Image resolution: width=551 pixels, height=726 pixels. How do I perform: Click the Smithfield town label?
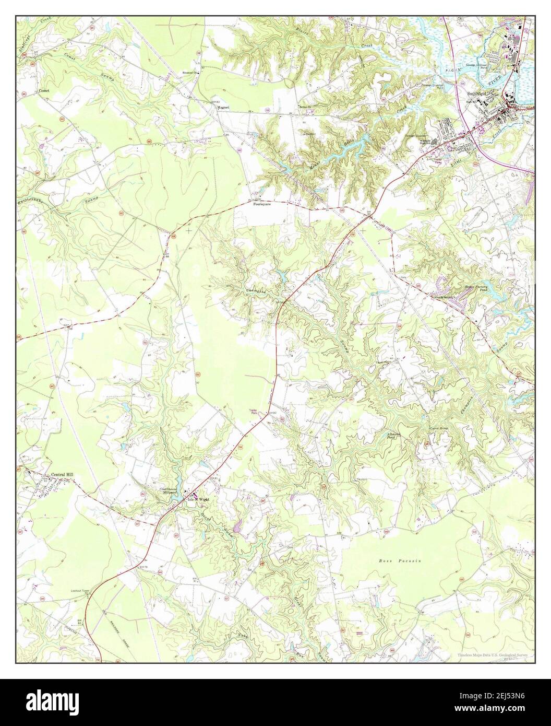coord(479,93)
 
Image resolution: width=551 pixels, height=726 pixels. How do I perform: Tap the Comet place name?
coord(43,91)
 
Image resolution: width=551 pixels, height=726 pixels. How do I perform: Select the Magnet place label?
coord(224,107)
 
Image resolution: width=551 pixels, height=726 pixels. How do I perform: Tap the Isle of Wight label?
coord(198,499)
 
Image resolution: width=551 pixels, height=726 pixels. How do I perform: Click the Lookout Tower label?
coord(81,591)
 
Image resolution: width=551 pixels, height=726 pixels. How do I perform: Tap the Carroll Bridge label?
coord(439,428)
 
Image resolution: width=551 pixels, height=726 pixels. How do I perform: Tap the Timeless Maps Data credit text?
coord(493,654)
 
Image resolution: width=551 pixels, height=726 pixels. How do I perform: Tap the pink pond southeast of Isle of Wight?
coord(237,530)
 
